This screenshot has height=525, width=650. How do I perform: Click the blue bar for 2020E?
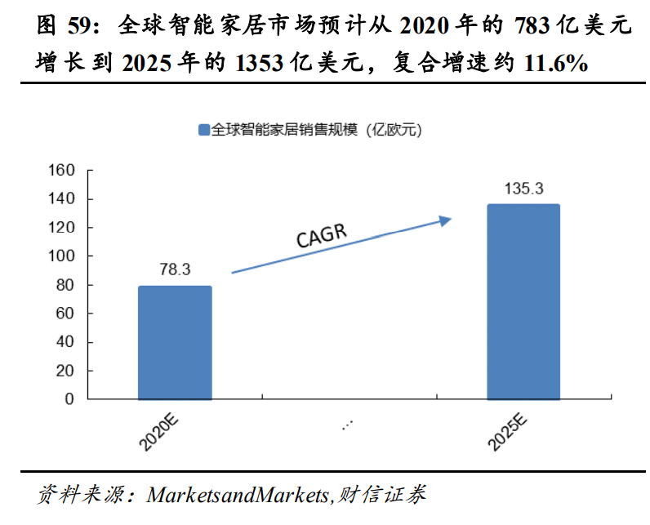coord(175,343)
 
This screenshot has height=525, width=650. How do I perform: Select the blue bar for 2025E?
coord(523,302)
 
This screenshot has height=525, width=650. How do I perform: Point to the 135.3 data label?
coord(523,189)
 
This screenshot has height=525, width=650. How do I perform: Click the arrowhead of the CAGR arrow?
coord(445,219)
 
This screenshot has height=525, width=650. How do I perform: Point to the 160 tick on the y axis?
coord(63,171)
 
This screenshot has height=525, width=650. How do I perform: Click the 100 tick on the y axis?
coord(63,256)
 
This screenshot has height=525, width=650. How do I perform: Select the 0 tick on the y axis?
coord(69,400)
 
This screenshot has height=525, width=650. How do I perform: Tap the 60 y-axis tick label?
coord(66,314)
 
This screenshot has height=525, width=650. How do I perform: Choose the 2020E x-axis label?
coord(158,432)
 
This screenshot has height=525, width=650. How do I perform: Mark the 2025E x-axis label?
coord(508,432)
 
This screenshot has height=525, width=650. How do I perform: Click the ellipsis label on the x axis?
coord(348,425)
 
